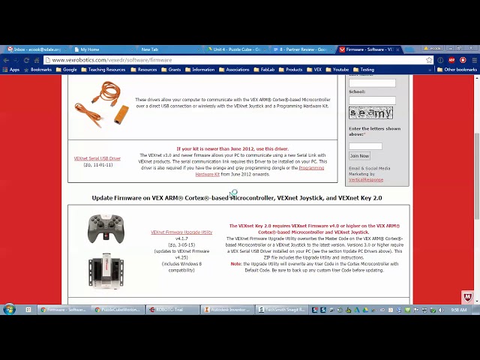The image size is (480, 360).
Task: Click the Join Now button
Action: [359, 156]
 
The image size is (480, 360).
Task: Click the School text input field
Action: [372, 100]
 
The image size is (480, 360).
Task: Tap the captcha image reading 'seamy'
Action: [370, 113]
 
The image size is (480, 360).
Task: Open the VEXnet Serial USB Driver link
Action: [97, 159]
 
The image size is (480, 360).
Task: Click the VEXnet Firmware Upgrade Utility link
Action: [181, 232]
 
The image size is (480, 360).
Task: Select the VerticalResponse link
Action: [366, 180]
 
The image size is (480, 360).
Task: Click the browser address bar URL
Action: [112, 60]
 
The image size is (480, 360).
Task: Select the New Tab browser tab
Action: [150, 49]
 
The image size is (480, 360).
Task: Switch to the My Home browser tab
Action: [90, 49]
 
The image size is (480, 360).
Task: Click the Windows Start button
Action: [9, 309]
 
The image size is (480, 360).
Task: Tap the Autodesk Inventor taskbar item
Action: [228, 309]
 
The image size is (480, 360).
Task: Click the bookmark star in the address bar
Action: [429, 60]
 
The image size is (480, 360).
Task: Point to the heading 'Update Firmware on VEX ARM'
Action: [237, 198]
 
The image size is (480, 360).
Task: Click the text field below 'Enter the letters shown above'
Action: [365, 145]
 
